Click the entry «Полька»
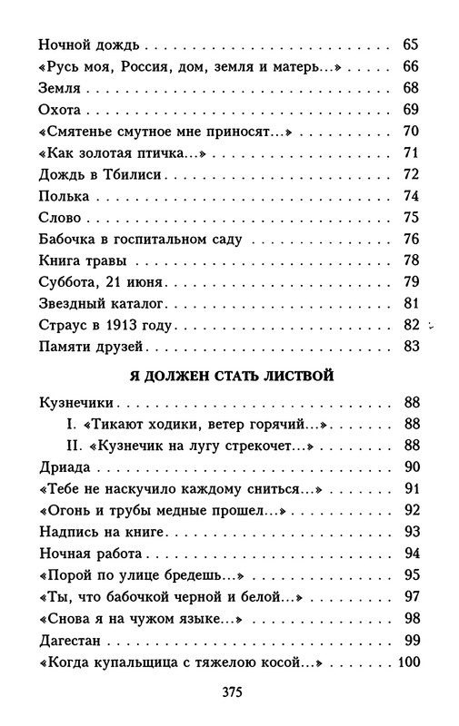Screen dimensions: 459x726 [65, 196]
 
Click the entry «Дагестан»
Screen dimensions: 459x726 [75, 641]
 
